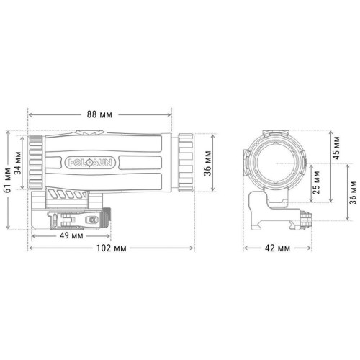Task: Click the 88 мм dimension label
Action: tap(99, 114)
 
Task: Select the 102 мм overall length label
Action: tap(111, 248)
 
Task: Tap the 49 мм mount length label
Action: tap(71, 235)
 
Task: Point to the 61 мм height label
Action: tap(8, 180)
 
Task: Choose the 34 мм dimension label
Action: tap(18, 163)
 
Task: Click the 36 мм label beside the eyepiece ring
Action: tap(207, 163)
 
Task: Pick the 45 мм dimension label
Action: tap(336, 148)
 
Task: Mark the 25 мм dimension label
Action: tap(316, 183)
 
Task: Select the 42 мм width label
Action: tap(277, 248)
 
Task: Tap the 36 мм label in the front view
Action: tap(353, 192)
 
